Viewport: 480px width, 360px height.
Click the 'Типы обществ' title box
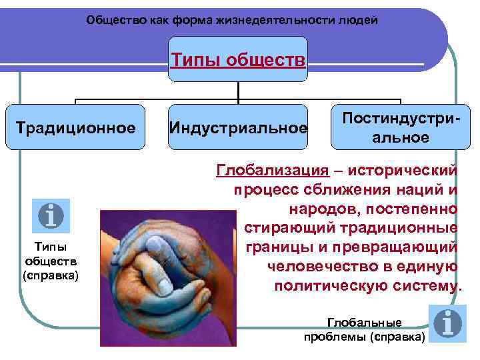click(239, 60)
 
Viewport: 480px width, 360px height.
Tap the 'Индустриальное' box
click(239, 127)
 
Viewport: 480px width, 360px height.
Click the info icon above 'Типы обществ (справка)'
click(51, 216)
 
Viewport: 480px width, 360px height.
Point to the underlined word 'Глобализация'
click(272, 170)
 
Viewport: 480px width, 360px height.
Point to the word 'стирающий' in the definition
click(283, 228)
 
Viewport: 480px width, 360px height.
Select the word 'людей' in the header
click(361, 20)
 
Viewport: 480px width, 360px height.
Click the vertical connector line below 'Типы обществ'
click(239, 92)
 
